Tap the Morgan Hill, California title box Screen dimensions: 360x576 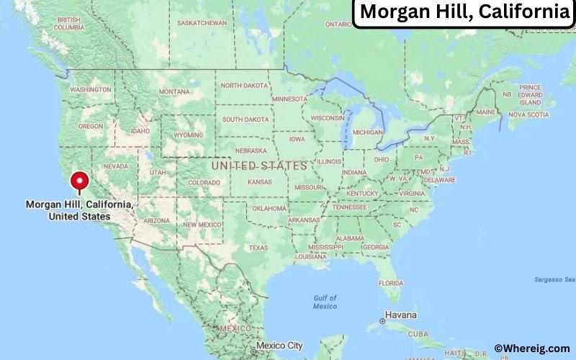point(464,13)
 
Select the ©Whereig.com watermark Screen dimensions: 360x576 point(532,348)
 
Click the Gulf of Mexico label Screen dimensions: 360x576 point(325,302)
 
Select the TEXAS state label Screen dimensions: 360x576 point(258,248)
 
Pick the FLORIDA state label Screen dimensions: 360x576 point(391,282)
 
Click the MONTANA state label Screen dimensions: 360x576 point(174,91)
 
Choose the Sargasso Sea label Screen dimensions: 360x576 point(554,279)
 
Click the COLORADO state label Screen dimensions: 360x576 point(204,183)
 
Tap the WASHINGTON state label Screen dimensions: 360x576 point(91,89)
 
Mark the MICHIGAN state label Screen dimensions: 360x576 point(368,132)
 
